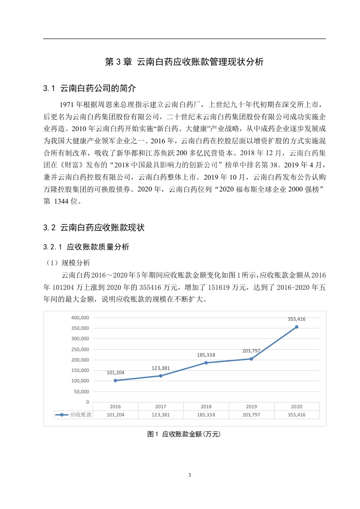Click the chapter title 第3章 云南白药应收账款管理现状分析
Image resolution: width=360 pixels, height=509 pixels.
(x=184, y=63)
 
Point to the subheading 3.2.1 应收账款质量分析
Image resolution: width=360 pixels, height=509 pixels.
(x=86, y=247)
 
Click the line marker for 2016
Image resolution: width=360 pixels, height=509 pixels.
(x=115, y=381)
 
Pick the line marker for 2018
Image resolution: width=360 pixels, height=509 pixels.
(x=206, y=363)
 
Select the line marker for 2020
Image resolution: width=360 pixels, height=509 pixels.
(x=296, y=327)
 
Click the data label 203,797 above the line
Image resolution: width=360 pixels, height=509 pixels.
(x=251, y=351)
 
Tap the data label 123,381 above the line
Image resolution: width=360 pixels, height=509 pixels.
(x=161, y=368)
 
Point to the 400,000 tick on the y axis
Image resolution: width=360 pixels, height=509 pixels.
(x=80, y=318)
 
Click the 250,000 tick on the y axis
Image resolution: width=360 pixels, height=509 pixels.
(x=80, y=349)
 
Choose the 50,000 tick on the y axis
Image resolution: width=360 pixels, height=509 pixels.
(x=81, y=392)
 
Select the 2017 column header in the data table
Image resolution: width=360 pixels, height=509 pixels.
(x=161, y=406)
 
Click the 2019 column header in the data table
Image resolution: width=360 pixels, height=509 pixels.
(x=251, y=406)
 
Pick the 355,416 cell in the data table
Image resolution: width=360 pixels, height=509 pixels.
(x=296, y=415)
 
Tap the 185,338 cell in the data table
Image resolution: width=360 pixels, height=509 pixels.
(x=206, y=415)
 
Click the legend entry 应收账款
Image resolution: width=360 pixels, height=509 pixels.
(x=73, y=415)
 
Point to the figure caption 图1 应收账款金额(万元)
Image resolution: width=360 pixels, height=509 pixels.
(x=184, y=435)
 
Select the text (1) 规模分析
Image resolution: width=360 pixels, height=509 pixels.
(x=68, y=263)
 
